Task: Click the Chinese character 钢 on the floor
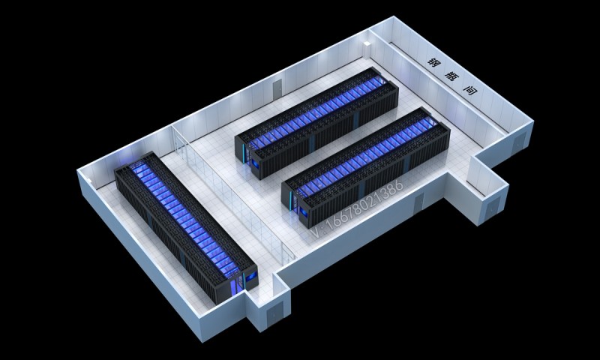click(434, 61)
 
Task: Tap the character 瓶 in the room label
click(451, 76)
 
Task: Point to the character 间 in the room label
click(470, 90)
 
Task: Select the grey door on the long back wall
click(277, 89)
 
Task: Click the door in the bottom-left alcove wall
click(274, 314)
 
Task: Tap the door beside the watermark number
click(418, 203)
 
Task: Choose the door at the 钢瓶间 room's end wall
click(518, 142)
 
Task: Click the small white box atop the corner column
click(367, 44)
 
